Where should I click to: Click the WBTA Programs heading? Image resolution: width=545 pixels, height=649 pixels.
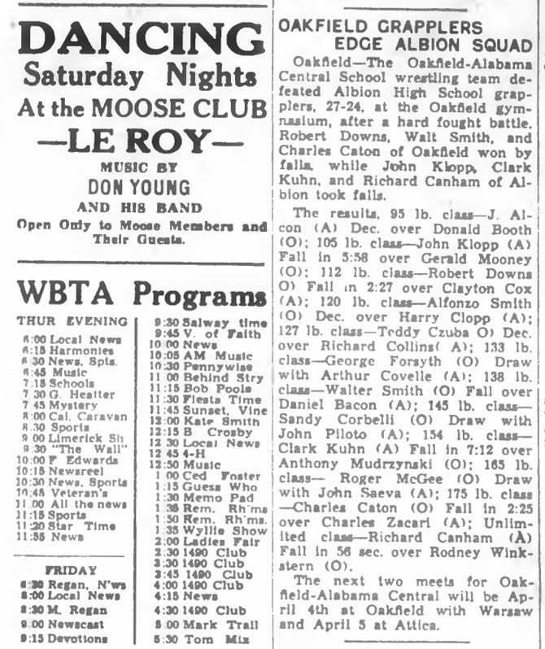click(x=136, y=293)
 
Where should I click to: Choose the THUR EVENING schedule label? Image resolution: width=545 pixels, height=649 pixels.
click(x=72, y=321)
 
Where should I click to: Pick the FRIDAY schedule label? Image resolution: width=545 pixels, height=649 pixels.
click(x=72, y=570)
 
